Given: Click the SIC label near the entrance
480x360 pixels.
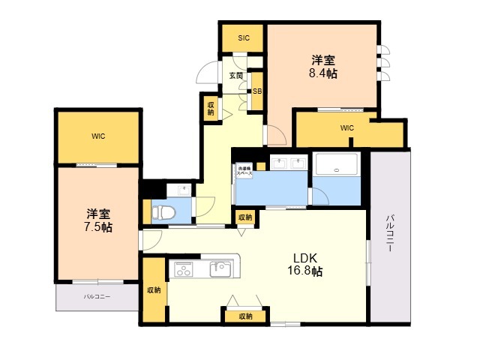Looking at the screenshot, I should point(243,38).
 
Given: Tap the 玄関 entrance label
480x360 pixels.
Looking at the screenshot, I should point(235,76).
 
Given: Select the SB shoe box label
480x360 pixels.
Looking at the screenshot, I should point(256,91).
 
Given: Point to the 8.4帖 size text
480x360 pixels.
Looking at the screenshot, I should point(324,73).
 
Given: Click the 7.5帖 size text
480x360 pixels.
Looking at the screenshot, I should point(97,226).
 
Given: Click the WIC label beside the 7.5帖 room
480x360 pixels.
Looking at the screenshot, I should point(98,136).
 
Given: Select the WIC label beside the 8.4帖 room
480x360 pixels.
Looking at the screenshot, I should point(346,128).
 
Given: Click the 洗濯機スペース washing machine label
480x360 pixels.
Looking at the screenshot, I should point(244,170).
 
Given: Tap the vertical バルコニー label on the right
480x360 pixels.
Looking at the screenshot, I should point(390,232).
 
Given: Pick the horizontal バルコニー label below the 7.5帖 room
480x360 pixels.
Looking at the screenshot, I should point(96,297).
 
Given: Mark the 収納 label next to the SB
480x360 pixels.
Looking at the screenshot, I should point(210,107).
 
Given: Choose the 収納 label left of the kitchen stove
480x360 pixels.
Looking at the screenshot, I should point(154,290).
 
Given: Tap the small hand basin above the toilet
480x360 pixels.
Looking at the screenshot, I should point(171,188).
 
